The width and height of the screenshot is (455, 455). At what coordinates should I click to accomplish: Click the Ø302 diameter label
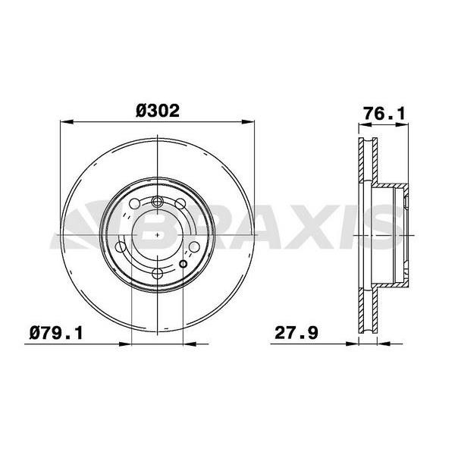pyautogui.click(x=158, y=111)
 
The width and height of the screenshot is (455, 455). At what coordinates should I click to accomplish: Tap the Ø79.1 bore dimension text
pyautogui.click(x=56, y=333)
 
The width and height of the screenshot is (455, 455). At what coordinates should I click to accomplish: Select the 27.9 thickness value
pyautogui.click(x=297, y=333)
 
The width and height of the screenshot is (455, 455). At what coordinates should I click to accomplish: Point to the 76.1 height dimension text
pyautogui.click(x=384, y=113)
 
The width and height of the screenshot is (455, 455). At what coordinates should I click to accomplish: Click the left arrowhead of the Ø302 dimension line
pyautogui.click(x=67, y=122)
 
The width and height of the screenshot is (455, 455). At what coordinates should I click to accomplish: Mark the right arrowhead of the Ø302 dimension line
pyautogui.click(x=248, y=122)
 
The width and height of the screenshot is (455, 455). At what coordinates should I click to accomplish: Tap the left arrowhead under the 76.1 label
pyautogui.click(x=365, y=124)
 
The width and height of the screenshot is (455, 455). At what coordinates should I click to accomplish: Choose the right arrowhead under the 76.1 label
pyautogui.click(x=403, y=124)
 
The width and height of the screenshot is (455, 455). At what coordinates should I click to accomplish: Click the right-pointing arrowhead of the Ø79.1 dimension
pyautogui.click(x=125, y=344)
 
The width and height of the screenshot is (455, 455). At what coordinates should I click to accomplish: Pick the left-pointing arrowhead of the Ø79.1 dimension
pyautogui.click(x=190, y=344)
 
